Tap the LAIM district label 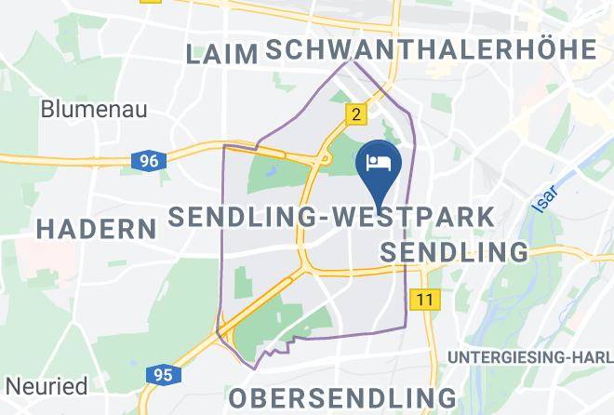pyautogui.click(x=221, y=54)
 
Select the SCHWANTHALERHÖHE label pyautogui.click(x=430, y=50)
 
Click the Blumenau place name pyautogui.click(x=94, y=109)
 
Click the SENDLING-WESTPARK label pyautogui.click(x=331, y=218)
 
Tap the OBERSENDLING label pyautogui.click(x=342, y=397)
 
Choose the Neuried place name pyautogui.click(x=46, y=385)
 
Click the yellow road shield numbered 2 pyautogui.click(x=354, y=114)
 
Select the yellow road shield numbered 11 pyautogui.click(x=426, y=299)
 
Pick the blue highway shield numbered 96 pyautogui.click(x=148, y=160)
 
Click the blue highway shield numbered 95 pyautogui.click(x=162, y=375)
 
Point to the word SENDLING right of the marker pyautogui.click(x=455, y=251)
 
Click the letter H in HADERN pyautogui.click(x=44, y=228)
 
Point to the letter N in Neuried pyautogui.click(x=12, y=385)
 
